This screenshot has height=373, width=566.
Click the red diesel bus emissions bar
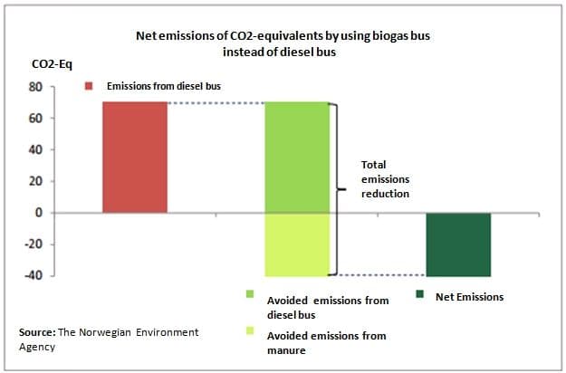134,157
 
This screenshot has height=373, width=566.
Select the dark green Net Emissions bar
458,244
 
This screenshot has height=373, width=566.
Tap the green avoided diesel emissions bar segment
296,157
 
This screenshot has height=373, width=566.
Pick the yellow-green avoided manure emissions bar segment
296,244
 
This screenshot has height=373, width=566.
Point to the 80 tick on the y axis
36,87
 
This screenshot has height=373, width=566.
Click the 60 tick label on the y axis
36,119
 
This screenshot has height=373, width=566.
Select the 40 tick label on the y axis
36,149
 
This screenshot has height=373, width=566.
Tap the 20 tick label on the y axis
36,181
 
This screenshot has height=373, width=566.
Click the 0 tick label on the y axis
39,213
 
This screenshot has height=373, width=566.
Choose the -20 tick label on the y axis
34,244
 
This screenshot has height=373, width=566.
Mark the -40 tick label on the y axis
34,275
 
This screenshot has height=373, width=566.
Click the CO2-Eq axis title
48,65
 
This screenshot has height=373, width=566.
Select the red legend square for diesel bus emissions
90,86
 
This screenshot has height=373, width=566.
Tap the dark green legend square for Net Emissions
420,295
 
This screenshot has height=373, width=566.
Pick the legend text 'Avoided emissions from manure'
326,343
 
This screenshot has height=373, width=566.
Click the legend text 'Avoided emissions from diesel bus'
327,306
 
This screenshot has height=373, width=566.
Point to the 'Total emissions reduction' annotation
386,179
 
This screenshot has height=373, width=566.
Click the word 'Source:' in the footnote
38,332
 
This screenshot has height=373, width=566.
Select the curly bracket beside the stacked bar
339,188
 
